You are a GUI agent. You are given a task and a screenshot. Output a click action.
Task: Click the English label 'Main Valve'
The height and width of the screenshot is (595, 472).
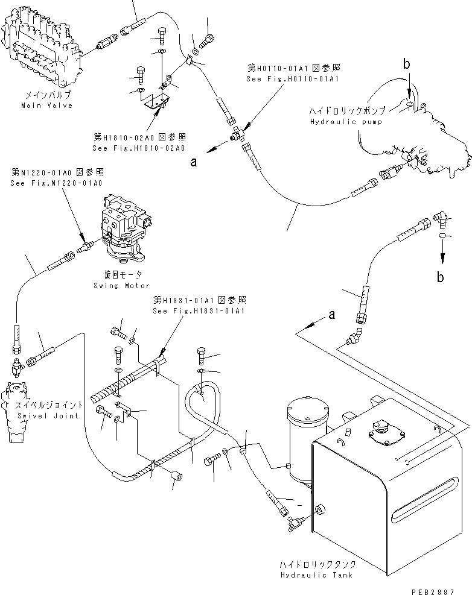(x=46, y=105)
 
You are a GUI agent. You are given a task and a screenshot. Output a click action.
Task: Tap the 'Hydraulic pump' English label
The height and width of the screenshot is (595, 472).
(x=346, y=122)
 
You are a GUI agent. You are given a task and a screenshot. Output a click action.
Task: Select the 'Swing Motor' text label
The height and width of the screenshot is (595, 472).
(x=121, y=285)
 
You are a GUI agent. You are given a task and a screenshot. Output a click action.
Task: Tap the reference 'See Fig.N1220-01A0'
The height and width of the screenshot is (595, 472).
(x=57, y=183)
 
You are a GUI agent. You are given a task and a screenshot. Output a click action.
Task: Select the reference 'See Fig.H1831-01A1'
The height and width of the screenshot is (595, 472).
(x=200, y=311)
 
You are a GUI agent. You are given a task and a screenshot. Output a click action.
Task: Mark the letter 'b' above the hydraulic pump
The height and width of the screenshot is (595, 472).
(x=406, y=63)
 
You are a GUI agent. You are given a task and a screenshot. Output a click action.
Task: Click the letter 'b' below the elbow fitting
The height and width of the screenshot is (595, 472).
(x=442, y=277)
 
